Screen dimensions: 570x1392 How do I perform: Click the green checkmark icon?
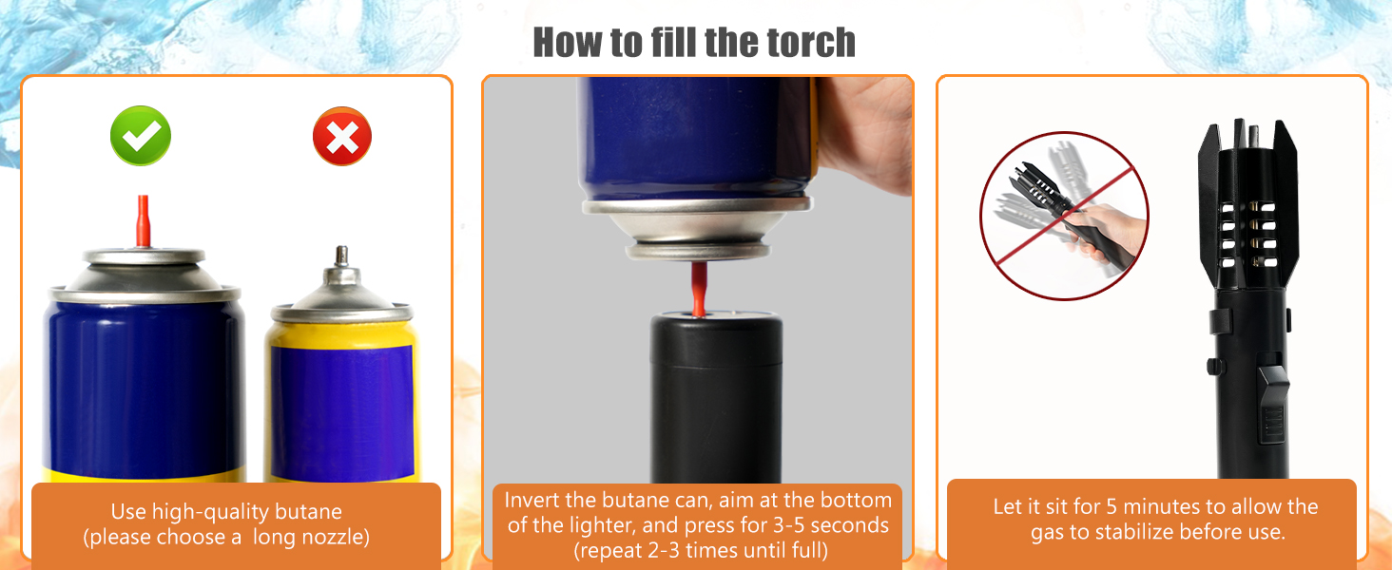pyautogui.click(x=141, y=136)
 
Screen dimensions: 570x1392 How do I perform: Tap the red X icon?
pyautogui.click(x=342, y=137)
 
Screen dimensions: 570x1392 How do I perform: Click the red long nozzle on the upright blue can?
pyautogui.click(x=144, y=220)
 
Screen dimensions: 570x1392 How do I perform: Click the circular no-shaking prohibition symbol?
pyautogui.click(x=1064, y=215)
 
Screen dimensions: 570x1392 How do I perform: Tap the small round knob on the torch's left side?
pyautogui.click(x=1213, y=366)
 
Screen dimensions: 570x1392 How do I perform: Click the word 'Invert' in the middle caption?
pyautogui.click(x=532, y=500)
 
